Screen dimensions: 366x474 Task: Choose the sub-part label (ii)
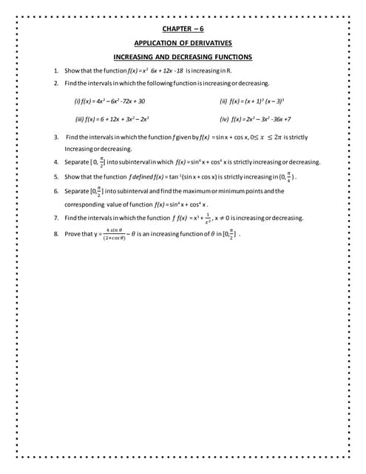pyautogui.click(x=223, y=101)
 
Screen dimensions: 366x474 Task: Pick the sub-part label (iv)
pyautogui.click(x=223, y=118)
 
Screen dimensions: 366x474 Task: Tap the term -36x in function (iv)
pyautogui.click(x=275, y=118)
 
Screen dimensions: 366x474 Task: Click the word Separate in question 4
pyautogui.click(x=77, y=161)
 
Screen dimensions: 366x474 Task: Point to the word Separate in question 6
pyautogui.click(x=77, y=191)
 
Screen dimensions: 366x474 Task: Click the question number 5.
pyautogui.click(x=56, y=177)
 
